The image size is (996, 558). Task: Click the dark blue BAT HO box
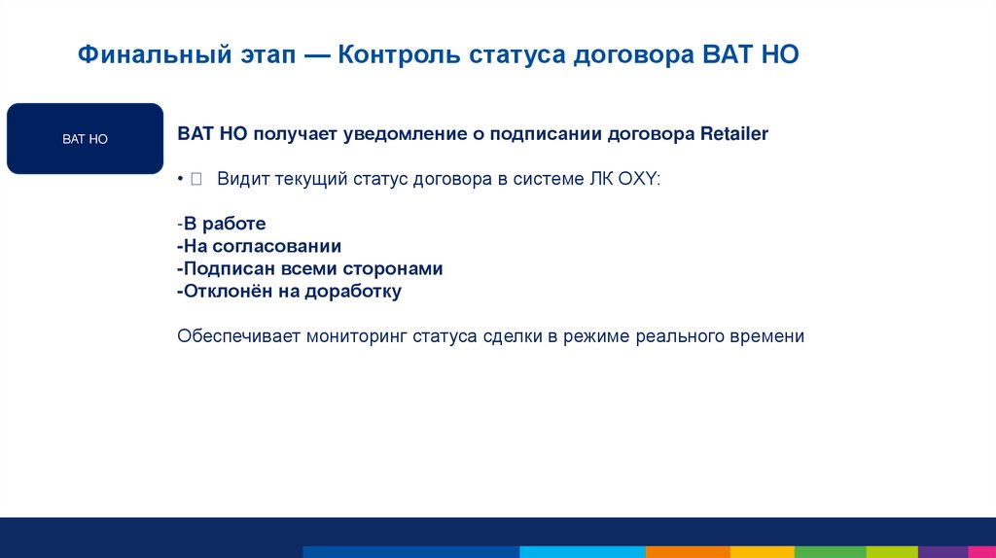tap(85, 139)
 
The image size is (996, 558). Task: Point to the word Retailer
tap(733, 134)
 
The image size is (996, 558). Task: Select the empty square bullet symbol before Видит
tap(196, 180)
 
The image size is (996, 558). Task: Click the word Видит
tap(240, 180)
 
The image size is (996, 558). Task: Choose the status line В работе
tap(225, 225)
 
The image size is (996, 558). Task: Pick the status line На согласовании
tap(260, 247)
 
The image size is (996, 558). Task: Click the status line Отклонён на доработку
tap(290, 291)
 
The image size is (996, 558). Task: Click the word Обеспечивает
tap(238, 337)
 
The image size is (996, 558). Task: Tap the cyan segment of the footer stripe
tap(583, 552)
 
